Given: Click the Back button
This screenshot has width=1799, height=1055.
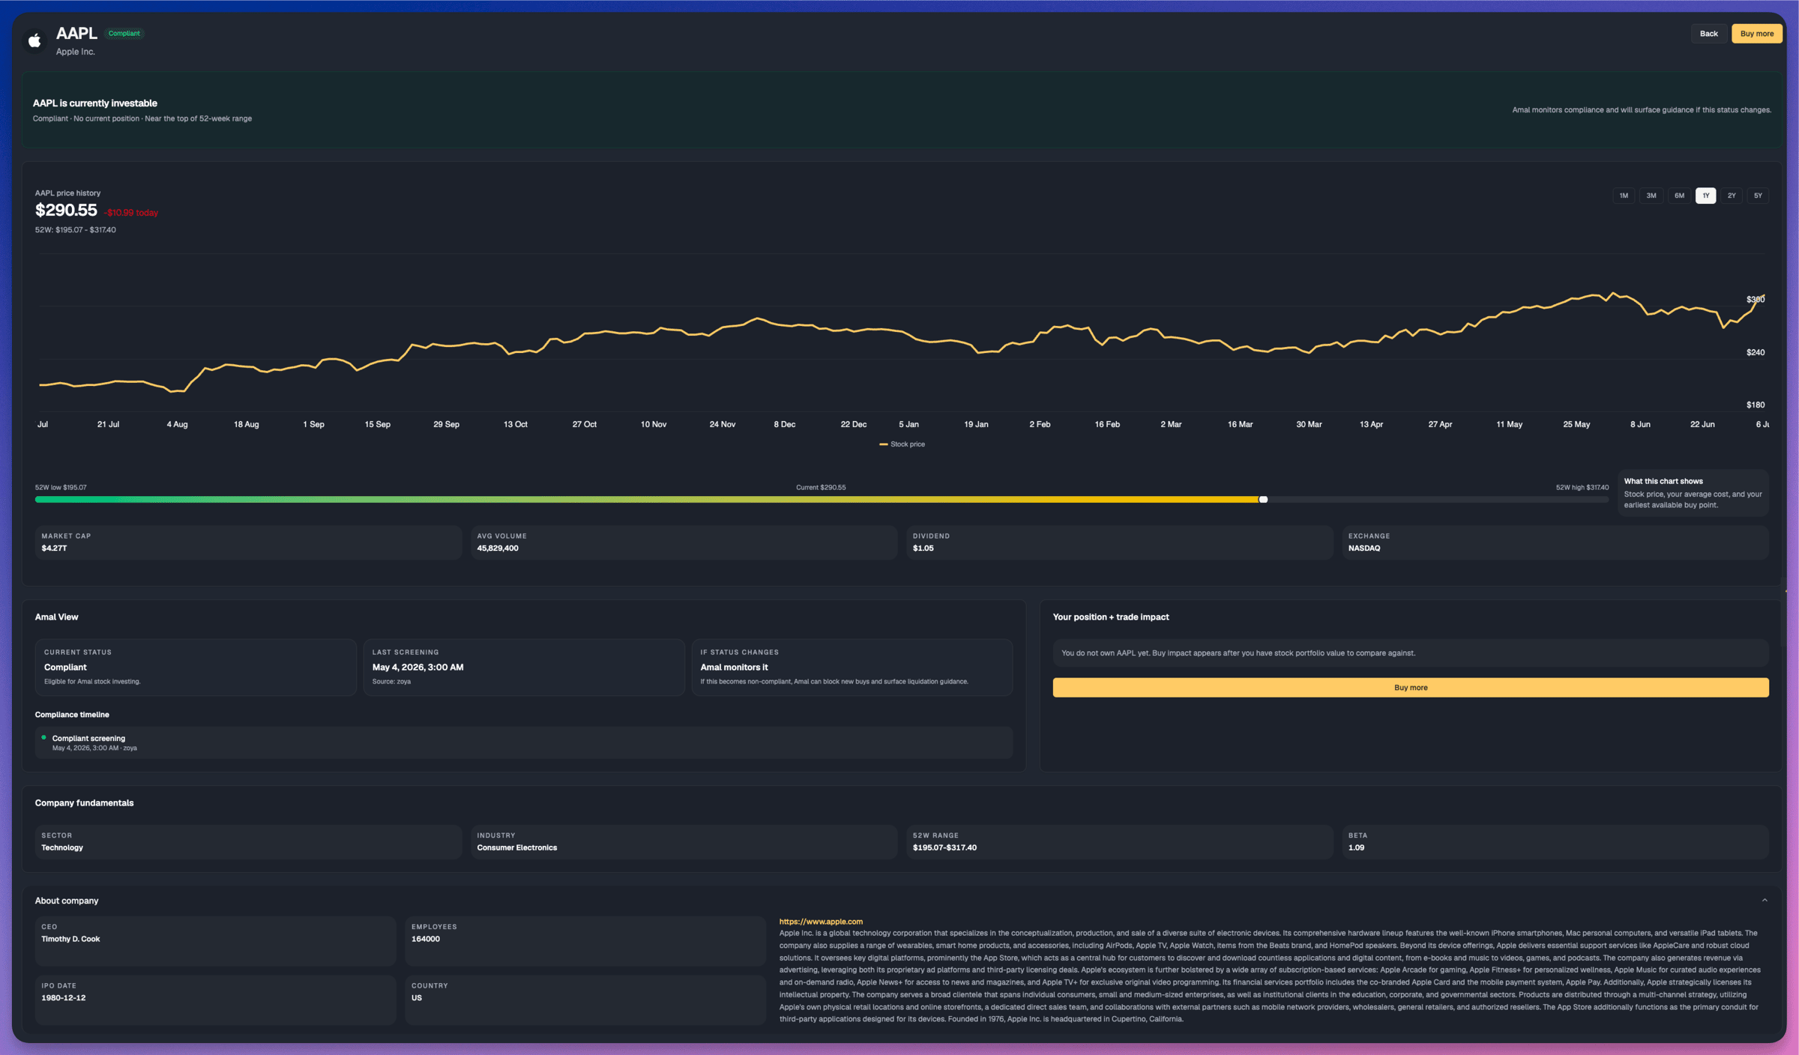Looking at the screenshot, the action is coord(1708,34).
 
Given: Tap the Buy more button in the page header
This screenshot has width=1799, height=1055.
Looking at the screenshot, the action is coord(1756,34).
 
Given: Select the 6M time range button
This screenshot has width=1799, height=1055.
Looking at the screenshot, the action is coord(1679,196).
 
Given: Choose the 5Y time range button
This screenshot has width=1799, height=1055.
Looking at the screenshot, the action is coord(1758,196).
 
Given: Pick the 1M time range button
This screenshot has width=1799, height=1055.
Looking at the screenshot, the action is coord(1624,196).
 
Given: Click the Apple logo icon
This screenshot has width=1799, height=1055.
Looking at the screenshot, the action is coord(34,40).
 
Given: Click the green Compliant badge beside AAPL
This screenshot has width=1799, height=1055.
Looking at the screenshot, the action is coord(124,33).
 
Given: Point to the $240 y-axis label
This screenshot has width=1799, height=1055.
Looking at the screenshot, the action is coord(1756,352).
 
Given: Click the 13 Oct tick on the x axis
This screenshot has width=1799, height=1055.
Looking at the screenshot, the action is coord(516,424).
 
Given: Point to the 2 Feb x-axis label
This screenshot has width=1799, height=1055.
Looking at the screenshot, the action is coord(1040,424).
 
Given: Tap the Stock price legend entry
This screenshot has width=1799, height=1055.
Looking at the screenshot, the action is coord(902,444).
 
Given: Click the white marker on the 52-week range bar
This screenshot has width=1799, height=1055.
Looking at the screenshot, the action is coord(1263,499).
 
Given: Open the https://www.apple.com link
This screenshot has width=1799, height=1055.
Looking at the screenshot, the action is coord(821,922).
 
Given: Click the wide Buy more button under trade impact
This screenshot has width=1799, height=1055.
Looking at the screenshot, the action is coord(1411,687).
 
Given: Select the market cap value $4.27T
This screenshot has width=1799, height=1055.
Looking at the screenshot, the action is coord(54,548).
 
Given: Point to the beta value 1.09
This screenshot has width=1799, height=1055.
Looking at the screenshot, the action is coord(1356,847).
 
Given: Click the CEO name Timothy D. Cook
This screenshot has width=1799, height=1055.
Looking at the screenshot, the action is coord(70,939).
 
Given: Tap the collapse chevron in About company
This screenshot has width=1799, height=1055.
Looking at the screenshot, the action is coord(1765,901).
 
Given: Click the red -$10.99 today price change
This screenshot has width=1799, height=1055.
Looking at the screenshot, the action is coord(131,213).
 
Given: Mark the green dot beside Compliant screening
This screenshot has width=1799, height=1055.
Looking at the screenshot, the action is coord(43,737).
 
